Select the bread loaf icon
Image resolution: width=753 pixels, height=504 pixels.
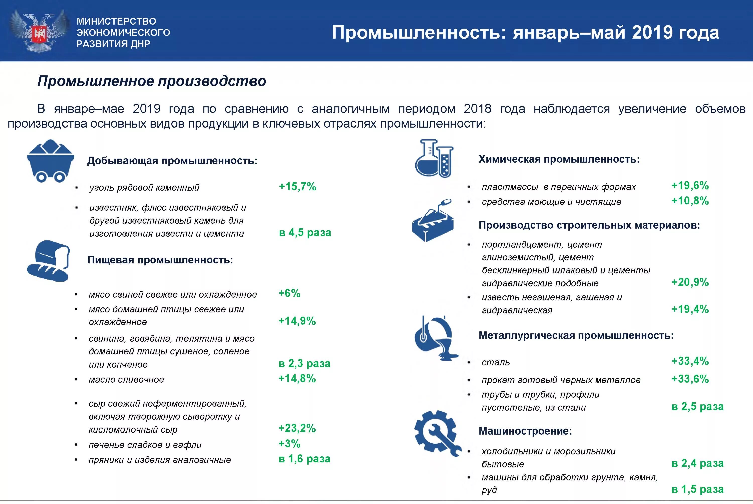point(48,261)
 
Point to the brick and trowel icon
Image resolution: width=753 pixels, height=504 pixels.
point(432,221)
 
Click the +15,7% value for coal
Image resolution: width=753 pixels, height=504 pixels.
point(297,186)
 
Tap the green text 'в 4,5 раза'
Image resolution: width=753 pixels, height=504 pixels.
point(305,232)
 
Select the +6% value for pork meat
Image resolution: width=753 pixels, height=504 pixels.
point(289,293)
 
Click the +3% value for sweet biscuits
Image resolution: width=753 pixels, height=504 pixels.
point(289,444)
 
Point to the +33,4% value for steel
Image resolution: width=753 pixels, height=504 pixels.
point(690,361)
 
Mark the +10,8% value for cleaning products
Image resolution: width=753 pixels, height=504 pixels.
point(690,201)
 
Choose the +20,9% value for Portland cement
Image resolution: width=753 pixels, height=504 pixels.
point(690,282)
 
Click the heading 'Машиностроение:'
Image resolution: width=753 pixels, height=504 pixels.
point(525,431)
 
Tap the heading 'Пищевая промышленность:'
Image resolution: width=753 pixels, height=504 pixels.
point(160,260)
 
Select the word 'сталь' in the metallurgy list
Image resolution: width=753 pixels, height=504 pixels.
point(495,362)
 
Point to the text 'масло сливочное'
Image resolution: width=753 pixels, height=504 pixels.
point(126,380)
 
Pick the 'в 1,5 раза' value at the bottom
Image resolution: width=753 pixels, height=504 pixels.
point(697,489)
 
